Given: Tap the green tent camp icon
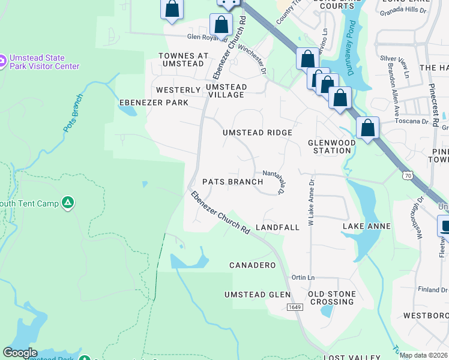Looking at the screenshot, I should click(68, 203).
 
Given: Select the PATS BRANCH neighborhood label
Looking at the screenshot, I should click(232, 182).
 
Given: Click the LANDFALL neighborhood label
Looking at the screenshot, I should click(277, 228).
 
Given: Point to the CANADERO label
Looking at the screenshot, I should click(253, 265).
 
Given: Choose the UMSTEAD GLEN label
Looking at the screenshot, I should click(257, 295).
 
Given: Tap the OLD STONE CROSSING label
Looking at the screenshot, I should click(332, 298).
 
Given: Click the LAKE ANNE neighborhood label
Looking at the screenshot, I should click(366, 226).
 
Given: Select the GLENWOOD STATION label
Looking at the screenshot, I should click(329, 146).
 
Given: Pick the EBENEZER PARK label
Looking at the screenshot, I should click(154, 103).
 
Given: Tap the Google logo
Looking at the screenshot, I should click(20, 353).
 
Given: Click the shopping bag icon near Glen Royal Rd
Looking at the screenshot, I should click(221, 25).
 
